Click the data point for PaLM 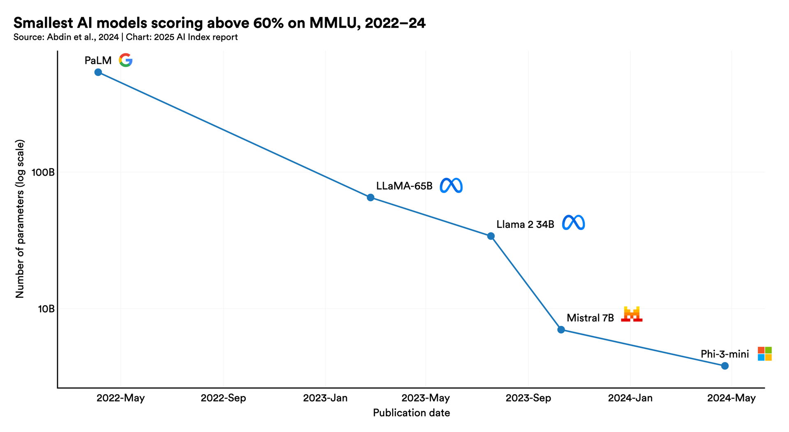coord(98,72)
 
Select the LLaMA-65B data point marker coord(370,197)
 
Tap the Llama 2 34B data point coord(491,236)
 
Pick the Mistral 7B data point coord(561,330)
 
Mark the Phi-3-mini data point coord(725,366)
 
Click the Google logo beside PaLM coord(126,60)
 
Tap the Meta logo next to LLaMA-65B coord(451,186)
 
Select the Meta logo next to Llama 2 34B coord(574,223)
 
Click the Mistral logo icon coord(632,314)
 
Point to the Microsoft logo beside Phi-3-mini coord(765,354)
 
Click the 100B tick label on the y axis coord(43,172)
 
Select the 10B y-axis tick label coord(46,309)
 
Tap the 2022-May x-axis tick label coord(120,398)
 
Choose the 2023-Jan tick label coord(325,398)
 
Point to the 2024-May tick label coord(731,398)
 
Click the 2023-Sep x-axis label coord(528,398)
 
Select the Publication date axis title coord(411,413)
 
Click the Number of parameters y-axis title coord(20,219)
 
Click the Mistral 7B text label coord(590,318)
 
